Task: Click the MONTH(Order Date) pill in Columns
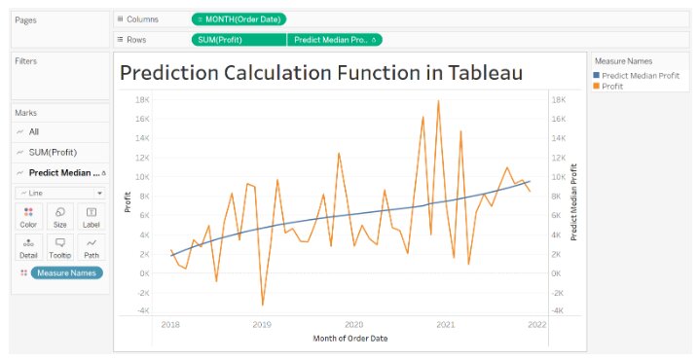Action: (x=239, y=19)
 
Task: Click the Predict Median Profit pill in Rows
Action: (x=334, y=40)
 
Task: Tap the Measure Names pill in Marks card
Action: (x=67, y=273)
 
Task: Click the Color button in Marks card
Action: (x=29, y=216)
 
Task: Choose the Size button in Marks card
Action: (x=60, y=216)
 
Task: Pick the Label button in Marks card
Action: (x=91, y=216)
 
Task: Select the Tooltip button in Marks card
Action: (x=60, y=247)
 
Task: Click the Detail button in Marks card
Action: (x=29, y=247)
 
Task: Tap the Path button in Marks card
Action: (x=91, y=247)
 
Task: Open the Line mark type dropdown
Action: (x=60, y=193)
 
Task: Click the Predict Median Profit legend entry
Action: (x=640, y=75)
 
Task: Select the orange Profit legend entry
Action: (x=612, y=87)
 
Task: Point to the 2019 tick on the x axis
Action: (x=262, y=325)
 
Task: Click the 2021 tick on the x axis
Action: (x=445, y=325)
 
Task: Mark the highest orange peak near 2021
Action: (x=438, y=100)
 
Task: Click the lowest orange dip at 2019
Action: (x=262, y=306)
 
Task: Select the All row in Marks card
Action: (x=34, y=131)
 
